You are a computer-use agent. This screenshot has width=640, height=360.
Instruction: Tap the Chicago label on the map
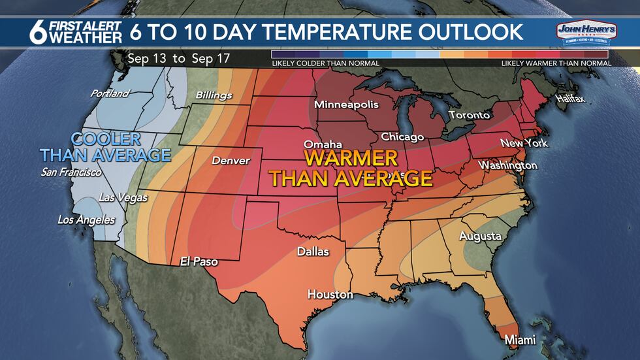coord(402,137)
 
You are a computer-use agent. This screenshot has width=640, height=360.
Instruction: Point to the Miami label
coord(520,340)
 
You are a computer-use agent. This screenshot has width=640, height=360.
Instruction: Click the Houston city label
coord(330,295)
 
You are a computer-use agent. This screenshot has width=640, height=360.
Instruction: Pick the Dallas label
coord(313,251)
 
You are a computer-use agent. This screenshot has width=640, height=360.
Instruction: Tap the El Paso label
coord(199,262)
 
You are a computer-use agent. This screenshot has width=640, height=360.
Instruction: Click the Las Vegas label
coord(123,197)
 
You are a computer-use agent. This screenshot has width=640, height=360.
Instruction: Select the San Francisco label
coord(71,172)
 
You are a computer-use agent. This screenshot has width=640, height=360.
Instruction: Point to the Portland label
coord(110,93)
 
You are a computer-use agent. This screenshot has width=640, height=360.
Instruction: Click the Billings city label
coord(214,95)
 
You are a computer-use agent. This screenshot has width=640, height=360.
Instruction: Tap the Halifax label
coord(570,99)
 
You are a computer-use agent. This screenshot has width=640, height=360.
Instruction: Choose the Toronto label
coord(469,116)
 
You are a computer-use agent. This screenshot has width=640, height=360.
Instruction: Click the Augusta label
coord(480,236)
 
